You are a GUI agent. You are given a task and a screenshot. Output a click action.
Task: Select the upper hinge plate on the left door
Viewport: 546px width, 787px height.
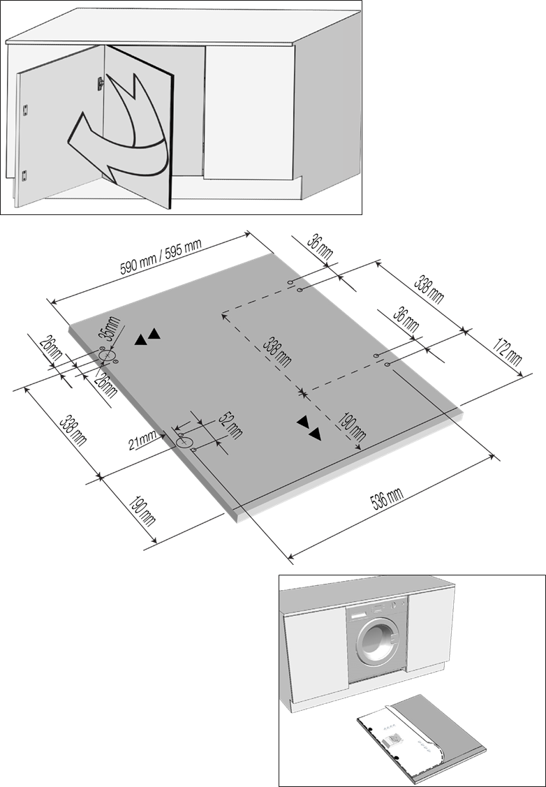[x=25, y=108]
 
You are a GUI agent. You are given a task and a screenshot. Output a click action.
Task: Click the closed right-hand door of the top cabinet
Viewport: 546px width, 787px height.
[x=249, y=112]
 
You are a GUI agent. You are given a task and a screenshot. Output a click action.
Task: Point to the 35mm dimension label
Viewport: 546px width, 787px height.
[x=110, y=330]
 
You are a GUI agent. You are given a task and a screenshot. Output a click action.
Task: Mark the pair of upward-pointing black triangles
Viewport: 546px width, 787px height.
[x=147, y=338]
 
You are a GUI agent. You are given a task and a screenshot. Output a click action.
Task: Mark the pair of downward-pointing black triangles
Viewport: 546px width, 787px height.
[x=309, y=428]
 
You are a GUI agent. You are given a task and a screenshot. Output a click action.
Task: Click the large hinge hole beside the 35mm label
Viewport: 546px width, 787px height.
[x=107, y=357]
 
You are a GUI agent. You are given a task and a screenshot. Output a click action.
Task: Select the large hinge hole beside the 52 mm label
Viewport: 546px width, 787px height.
[x=186, y=443]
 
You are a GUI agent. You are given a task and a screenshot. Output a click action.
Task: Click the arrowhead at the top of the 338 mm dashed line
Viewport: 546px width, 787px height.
[x=224, y=316]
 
